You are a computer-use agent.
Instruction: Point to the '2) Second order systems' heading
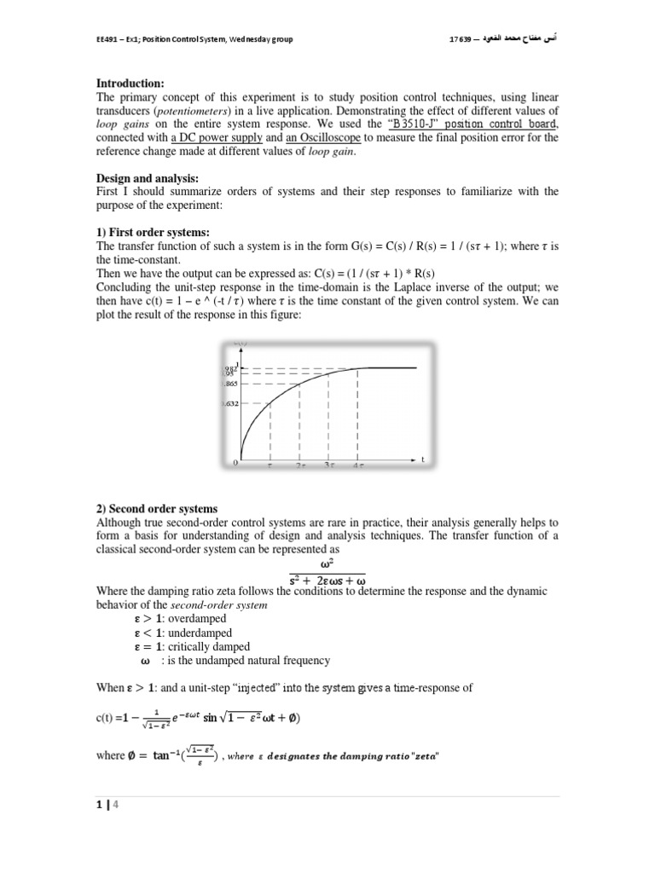(157, 509)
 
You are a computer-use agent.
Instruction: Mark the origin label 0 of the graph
(235, 463)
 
